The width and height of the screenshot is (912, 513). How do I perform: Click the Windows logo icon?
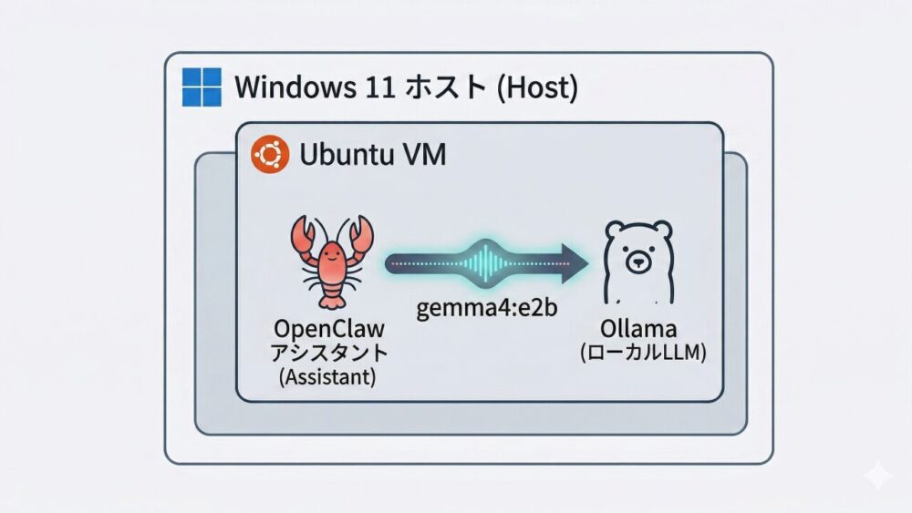click(x=202, y=88)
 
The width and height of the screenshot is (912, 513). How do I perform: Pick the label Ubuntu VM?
click(x=372, y=156)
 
